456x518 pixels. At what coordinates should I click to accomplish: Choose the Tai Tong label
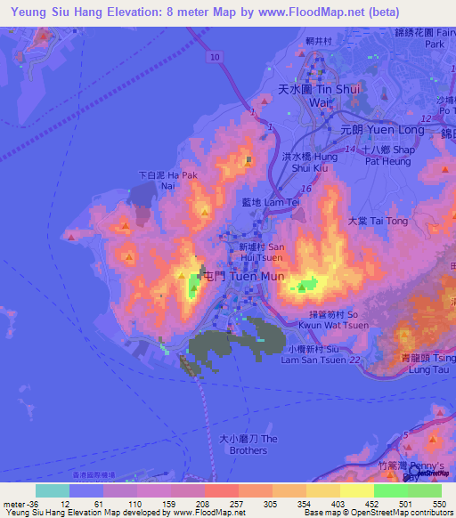click(x=370, y=221)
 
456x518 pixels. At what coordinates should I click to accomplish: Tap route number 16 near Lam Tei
click(x=305, y=189)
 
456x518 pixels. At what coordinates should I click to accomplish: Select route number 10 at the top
click(x=216, y=56)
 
